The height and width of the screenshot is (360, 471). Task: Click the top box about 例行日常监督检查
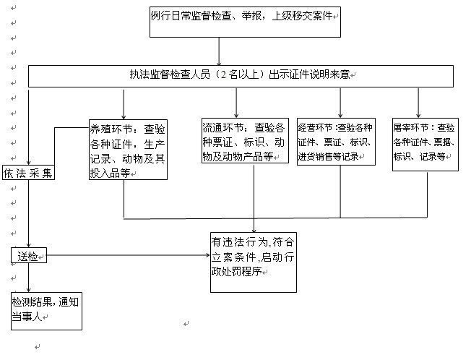pyautogui.click(x=245, y=22)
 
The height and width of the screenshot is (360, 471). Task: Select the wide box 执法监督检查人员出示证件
pyautogui.click(x=241, y=77)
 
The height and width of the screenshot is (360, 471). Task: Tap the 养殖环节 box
pyautogui.click(x=129, y=150)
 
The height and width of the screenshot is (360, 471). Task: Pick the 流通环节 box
pyautogui.click(x=245, y=141)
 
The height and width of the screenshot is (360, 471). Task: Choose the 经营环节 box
pyautogui.click(x=336, y=142)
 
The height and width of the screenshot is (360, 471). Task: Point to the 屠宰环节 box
pyautogui.click(x=425, y=145)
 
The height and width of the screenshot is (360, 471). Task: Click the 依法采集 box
pyautogui.click(x=29, y=173)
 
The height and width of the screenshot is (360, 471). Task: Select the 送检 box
pyautogui.click(x=29, y=255)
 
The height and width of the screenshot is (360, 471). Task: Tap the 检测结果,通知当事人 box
pyautogui.click(x=46, y=311)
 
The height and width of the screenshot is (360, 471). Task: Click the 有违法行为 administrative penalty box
pyautogui.click(x=254, y=262)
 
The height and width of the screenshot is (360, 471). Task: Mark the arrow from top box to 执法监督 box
pyautogui.click(x=219, y=51)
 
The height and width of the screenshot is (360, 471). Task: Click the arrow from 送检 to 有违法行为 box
pyautogui.click(x=129, y=255)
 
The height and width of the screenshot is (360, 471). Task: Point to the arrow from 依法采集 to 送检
pyautogui.click(x=29, y=214)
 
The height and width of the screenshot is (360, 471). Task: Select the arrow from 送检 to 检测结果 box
pyautogui.click(x=29, y=278)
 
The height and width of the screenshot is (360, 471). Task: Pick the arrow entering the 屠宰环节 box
pyautogui.click(x=418, y=103)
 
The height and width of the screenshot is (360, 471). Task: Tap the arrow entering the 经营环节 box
pyautogui.click(x=340, y=103)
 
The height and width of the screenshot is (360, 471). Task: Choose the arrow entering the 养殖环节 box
pyautogui.click(x=124, y=103)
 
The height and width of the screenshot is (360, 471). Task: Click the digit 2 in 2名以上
pyautogui.click(x=223, y=74)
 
